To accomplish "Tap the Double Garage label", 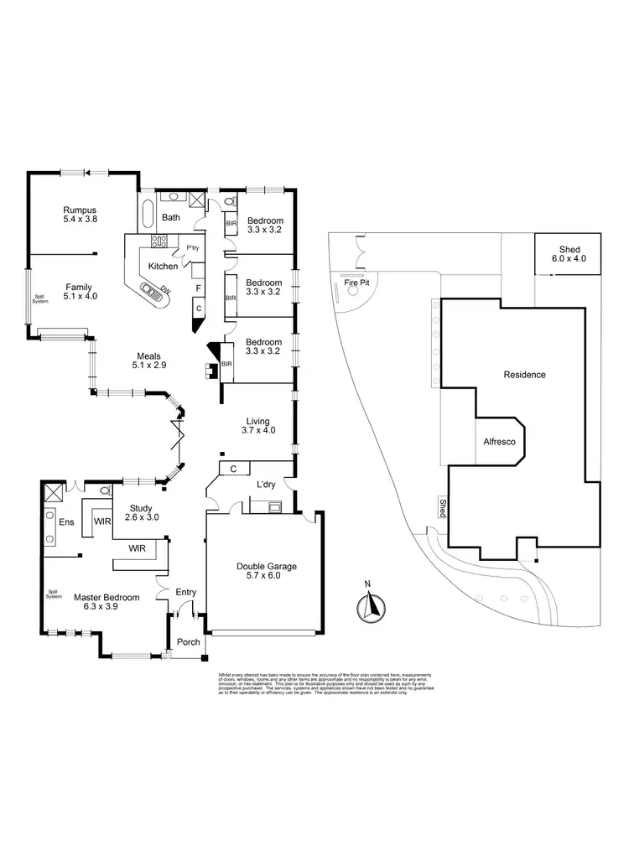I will pyautogui.click(x=267, y=572).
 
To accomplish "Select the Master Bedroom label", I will pyautogui.click(x=106, y=602).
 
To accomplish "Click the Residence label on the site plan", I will pyautogui.click(x=525, y=375).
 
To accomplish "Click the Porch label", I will pyautogui.click(x=188, y=642).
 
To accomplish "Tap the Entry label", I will pyautogui.click(x=185, y=592).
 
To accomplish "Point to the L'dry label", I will pyautogui.click(x=268, y=485).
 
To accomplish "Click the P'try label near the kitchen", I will pyautogui.click(x=194, y=247).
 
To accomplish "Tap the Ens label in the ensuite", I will pyautogui.click(x=65, y=521).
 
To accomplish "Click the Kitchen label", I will pyautogui.click(x=163, y=266).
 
